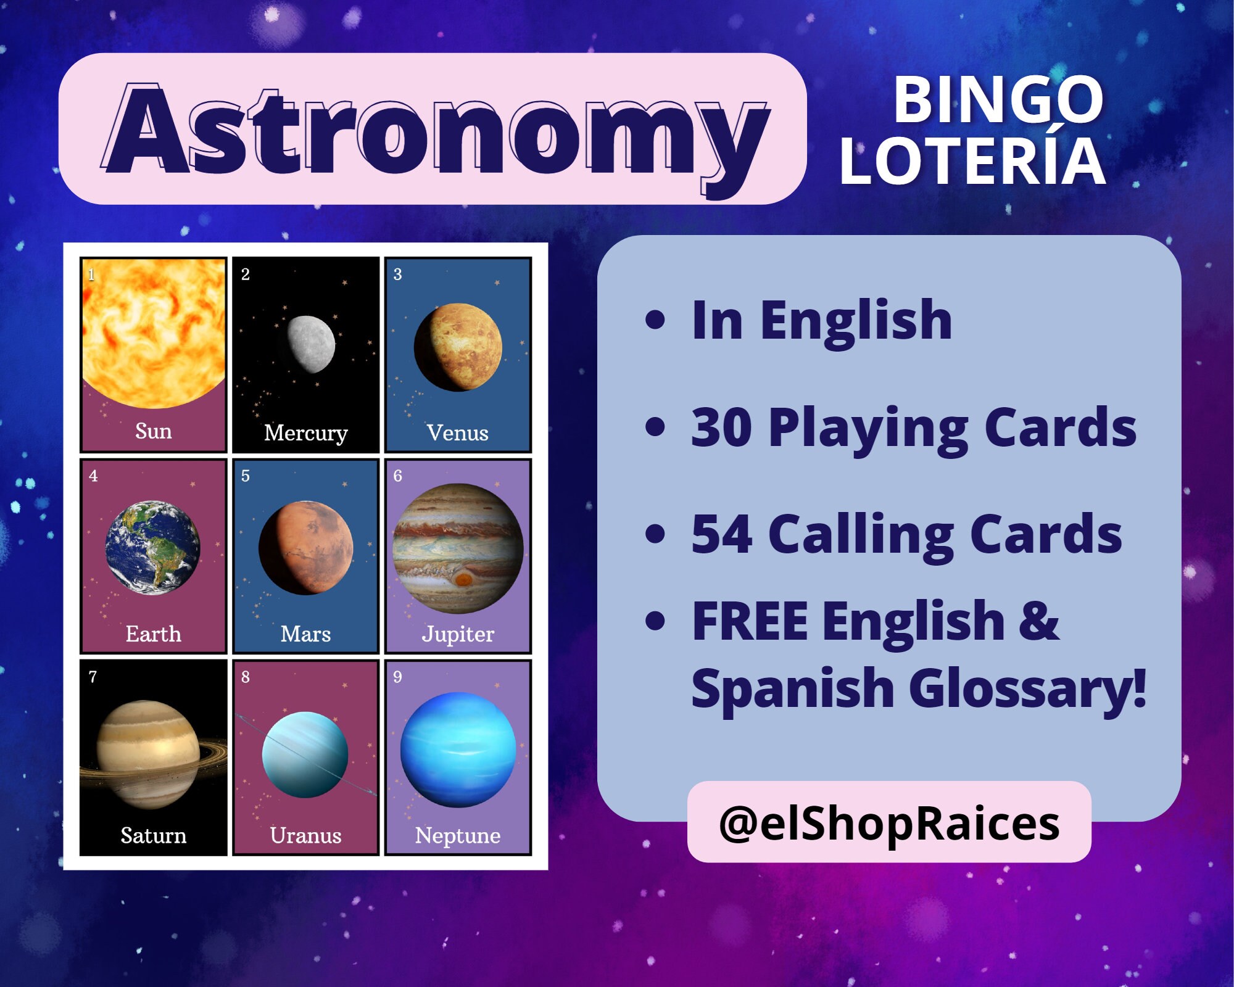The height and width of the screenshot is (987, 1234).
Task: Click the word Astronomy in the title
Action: coord(436,131)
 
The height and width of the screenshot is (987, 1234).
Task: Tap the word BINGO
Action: coord(998,100)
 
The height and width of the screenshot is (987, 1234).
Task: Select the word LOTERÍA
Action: coord(973,162)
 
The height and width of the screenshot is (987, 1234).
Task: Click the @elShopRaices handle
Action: coord(889,824)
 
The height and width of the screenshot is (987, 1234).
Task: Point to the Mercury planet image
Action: coord(311,344)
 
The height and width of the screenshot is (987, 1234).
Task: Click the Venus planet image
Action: coord(458,347)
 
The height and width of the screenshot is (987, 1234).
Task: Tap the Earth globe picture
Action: coord(152,547)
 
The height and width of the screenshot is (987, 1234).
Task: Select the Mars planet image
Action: coord(305,548)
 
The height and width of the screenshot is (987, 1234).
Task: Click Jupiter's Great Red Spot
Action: coord(464,579)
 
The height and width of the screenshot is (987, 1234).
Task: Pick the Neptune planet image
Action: coord(458,750)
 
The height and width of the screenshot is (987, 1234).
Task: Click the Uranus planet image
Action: coord(305,754)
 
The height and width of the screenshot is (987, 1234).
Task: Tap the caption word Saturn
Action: coord(153,835)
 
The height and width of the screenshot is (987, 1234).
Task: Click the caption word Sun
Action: coord(153,431)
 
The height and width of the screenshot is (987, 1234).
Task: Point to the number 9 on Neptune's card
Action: coord(397,677)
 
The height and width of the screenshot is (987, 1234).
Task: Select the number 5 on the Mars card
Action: coord(245,476)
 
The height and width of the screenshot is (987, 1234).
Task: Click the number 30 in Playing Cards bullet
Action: coord(721,427)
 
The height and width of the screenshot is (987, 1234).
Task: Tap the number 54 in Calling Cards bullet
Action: coord(721,534)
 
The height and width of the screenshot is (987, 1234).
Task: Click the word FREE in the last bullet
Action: coord(749,622)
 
